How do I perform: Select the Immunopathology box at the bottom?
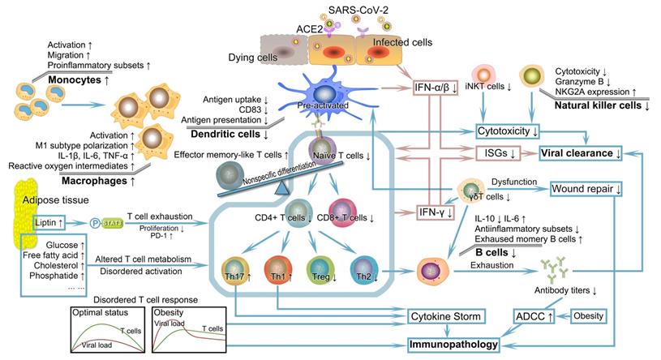click(459, 345)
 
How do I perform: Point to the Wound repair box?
click(586, 189)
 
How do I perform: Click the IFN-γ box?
click(431, 212)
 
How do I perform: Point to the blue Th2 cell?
click(365, 268)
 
